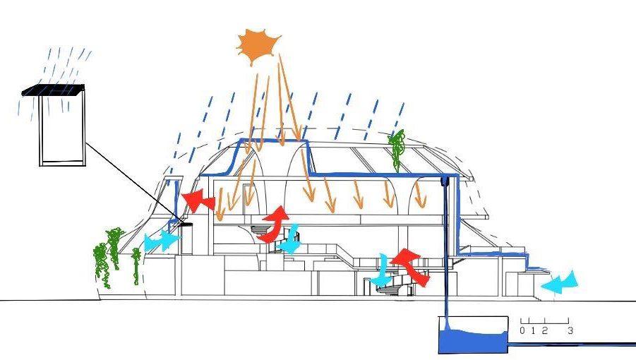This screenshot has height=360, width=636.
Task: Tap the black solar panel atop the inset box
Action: coord(54,90)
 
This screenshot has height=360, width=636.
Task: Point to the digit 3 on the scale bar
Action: coord(569,330)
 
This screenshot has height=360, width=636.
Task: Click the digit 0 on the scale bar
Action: coord(522,330)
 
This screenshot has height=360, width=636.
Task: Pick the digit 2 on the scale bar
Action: coord(544,330)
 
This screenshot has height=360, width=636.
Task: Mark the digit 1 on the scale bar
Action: coord(534,330)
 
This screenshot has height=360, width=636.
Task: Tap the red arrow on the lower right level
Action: coord(411,266)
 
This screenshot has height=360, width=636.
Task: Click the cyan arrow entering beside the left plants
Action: coord(160,241)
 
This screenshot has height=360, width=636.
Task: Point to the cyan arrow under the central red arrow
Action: coord(290,241)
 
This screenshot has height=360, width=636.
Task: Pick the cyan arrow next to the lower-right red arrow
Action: coord(383,272)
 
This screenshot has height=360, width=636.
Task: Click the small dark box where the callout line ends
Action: coord(187,225)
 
